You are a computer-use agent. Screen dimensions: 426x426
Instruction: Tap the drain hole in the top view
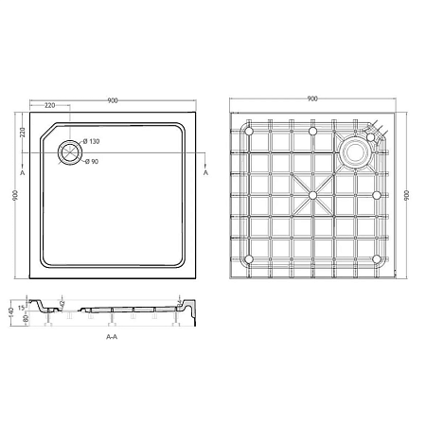click(68, 151)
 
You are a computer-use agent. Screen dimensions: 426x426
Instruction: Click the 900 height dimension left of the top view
click(14, 195)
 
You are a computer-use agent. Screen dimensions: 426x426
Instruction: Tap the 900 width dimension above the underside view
click(311, 99)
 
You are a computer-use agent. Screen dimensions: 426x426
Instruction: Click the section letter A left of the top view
click(22, 173)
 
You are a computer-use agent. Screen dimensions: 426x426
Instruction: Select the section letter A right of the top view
click(206, 173)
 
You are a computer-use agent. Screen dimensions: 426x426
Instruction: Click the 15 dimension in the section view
click(22, 306)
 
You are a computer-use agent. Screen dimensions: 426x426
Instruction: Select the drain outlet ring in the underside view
click(357, 150)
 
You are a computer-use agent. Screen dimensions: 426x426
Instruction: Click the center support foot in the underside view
click(311, 195)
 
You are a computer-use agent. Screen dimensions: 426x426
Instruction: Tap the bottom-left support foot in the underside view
click(249, 257)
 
